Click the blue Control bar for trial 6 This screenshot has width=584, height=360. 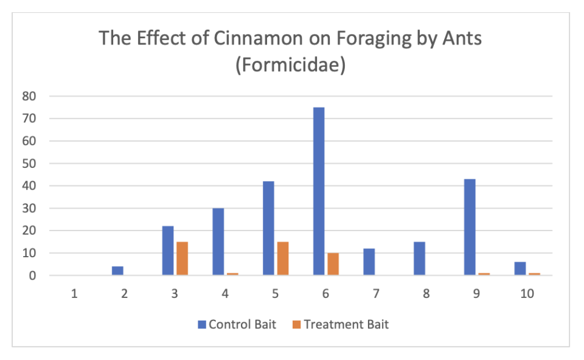pyautogui.click(x=319, y=192)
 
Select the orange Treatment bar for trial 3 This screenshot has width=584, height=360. pyautogui.click(x=182, y=258)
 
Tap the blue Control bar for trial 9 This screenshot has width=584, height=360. pyautogui.click(x=470, y=227)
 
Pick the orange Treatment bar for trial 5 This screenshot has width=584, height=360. pyautogui.click(x=282, y=258)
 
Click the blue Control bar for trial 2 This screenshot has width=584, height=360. pyautogui.click(x=117, y=271)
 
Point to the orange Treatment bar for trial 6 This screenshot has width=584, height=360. pyautogui.click(x=333, y=264)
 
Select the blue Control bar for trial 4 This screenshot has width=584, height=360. pyautogui.click(x=218, y=242)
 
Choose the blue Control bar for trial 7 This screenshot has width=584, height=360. pyautogui.click(x=369, y=262)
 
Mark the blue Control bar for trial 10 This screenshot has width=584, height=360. pyautogui.click(x=520, y=269)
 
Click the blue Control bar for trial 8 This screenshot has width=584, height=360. pyautogui.click(x=419, y=258)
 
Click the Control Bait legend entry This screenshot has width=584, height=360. pyautogui.click(x=237, y=324)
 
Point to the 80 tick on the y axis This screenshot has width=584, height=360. pyautogui.click(x=29, y=96)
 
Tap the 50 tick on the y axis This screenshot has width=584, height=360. pyautogui.click(x=29, y=164)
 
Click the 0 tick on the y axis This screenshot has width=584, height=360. pyautogui.click(x=33, y=275)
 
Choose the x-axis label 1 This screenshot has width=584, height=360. pyautogui.click(x=74, y=294)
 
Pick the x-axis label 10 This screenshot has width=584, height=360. pyautogui.click(x=527, y=294)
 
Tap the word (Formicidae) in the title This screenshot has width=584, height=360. pyautogui.click(x=291, y=64)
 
